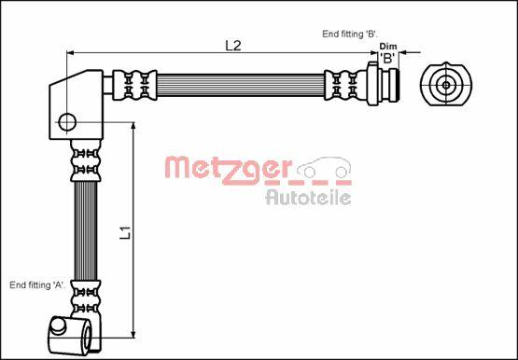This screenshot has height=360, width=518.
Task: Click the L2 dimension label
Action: [x=233, y=46]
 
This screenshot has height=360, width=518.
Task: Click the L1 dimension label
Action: [x=126, y=232]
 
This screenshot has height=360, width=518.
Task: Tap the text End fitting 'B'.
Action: [x=350, y=34]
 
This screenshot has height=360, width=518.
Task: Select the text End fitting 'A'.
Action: [x=37, y=285]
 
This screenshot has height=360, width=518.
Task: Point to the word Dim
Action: [x=388, y=47]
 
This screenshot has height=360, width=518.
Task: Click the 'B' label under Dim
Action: [x=388, y=58]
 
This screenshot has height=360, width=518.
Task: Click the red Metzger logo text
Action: [x=228, y=170]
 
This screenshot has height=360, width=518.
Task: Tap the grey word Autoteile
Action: [x=308, y=198]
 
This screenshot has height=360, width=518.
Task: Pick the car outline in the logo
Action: [x=324, y=168]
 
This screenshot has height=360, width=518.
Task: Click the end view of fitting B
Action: [x=446, y=85]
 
